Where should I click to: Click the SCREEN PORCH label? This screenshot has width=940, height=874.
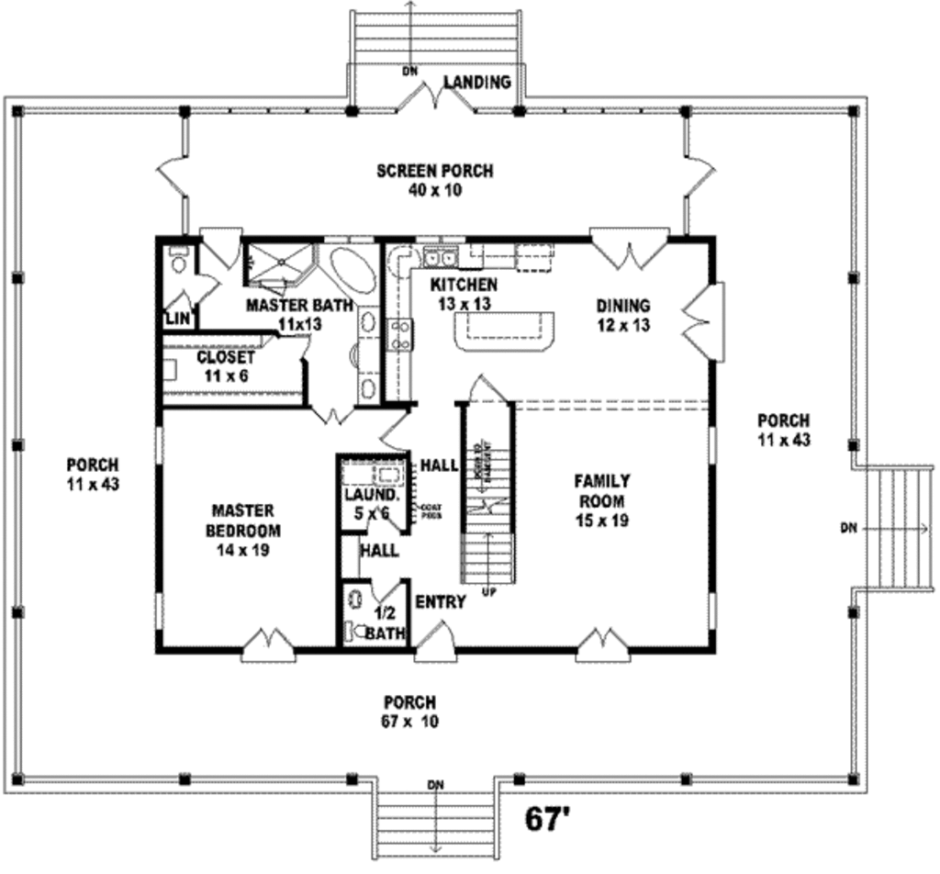435,171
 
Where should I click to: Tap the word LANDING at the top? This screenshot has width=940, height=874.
477,83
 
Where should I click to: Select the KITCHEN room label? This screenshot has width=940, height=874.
464,285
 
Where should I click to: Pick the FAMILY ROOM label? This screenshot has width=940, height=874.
601,490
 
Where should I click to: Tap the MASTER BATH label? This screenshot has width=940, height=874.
299,305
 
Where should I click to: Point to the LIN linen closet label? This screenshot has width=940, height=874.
176,319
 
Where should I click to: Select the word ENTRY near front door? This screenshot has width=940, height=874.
440,602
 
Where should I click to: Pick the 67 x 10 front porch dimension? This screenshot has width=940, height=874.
409,722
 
